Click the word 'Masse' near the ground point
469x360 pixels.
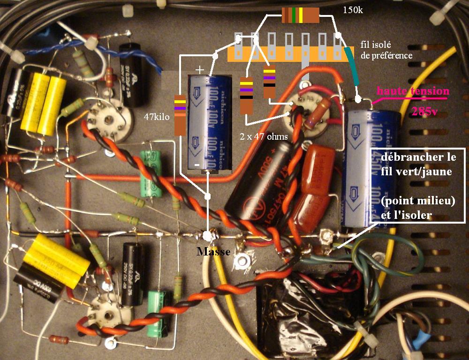click(213, 252)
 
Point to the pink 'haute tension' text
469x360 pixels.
click(413, 91)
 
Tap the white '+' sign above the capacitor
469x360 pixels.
click(200, 69)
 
